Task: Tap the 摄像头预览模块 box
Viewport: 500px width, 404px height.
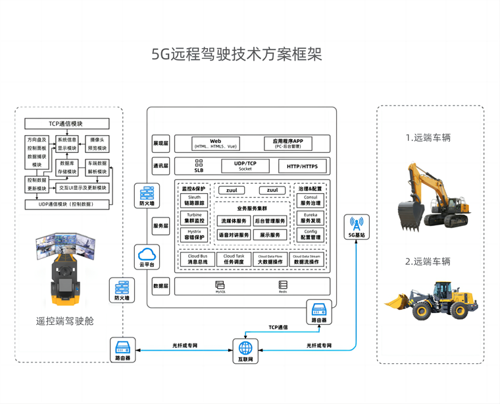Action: coord(97,144)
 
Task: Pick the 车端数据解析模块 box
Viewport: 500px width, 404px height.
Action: coord(97,167)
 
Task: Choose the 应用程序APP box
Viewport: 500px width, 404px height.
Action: coord(288,143)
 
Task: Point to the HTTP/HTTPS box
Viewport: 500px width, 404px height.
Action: coord(302,166)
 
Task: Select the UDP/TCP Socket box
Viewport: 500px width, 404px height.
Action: coord(245,166)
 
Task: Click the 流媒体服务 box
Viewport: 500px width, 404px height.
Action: coord(234,221)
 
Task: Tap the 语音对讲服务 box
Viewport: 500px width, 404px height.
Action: coord(234,235)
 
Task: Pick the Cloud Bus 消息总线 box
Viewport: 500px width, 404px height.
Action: coord(198,259)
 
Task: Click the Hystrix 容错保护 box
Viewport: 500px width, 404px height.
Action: coord(194,235)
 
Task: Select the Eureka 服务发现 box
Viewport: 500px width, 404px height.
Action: coord(311,217)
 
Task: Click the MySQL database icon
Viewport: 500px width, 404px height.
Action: coord(220,285)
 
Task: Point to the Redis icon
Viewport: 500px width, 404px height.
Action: coord(283,285)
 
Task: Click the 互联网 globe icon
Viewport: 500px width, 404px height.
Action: coord(245,347)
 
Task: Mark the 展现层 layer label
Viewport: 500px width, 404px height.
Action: coord(161,143)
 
